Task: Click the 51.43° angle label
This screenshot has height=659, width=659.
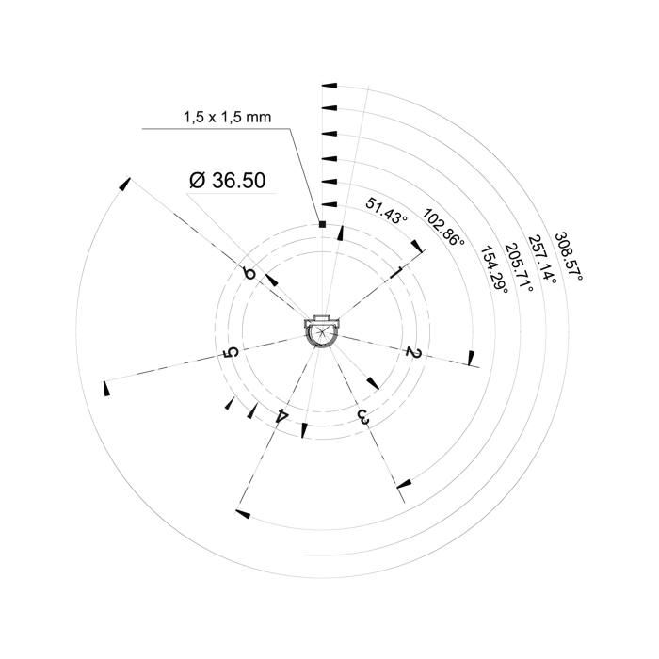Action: coord(387,211)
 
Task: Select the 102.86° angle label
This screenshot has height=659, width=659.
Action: coord(443,227)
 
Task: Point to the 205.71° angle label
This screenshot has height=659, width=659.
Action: coord(519,267)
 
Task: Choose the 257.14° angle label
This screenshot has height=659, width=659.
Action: coord(542,259)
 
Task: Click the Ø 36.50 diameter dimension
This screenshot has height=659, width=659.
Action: coord(228,181)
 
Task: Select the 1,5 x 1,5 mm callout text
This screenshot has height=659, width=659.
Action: coord(228,117)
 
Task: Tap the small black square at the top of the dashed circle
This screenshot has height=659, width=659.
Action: coord(322,224)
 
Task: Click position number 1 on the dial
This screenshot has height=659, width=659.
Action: coord(397,271)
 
